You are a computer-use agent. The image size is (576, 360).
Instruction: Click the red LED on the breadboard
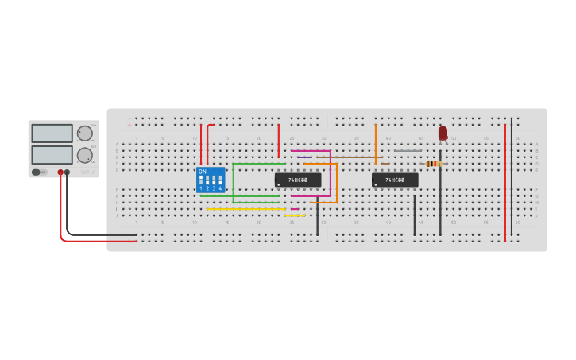(x=443, y=134)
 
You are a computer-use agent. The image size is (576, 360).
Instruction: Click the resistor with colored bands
(x=433, y=164)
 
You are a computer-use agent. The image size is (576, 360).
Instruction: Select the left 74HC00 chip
(x=298, y=180)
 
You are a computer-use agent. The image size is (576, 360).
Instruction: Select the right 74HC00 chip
(x=395, y=180)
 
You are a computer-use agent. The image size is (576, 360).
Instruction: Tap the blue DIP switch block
(x=211, y=180)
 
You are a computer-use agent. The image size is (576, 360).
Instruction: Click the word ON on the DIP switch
(x=203, y=172)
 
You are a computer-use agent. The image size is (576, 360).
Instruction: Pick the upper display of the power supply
(x=52, y=134)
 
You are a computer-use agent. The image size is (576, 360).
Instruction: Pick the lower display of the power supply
(x=52, y=154)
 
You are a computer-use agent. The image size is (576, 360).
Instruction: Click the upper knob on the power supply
(x=84, y=134)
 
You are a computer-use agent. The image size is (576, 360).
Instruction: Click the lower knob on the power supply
(x=84, y=155)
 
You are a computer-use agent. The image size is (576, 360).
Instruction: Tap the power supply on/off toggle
(x=37, y=172)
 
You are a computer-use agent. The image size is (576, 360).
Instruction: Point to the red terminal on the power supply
(x=60, y=172)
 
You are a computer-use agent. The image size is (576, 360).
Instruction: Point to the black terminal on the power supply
(x=67, y=172)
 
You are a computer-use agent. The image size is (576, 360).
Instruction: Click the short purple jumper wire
(x=304, y=157)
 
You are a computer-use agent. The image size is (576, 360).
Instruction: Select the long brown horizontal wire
(x=350, y=157)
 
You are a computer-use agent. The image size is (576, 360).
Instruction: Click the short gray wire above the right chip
(x=408, y=151)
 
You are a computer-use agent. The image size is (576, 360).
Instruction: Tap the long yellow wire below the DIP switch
(x=246, y=209)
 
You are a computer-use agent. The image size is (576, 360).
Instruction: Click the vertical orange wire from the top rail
(x=376, y=143)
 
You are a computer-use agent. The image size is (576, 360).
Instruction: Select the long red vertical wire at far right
(x=504, y=183)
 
